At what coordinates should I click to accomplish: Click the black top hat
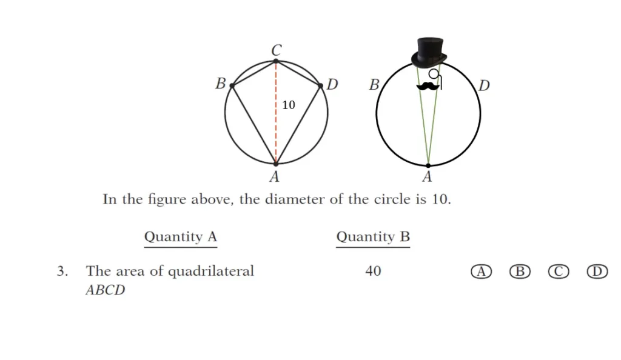(429, 53)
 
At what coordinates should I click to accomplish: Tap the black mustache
(428, 86)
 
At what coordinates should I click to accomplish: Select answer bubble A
(481, 272)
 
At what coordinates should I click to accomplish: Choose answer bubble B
(520, 272)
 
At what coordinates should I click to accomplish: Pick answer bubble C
(559, 272)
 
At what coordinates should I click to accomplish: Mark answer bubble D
(597, 272)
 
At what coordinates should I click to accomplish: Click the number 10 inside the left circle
(288, 105)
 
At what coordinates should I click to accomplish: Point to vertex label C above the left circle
(277, 50)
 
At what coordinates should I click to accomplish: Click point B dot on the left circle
(232, 85)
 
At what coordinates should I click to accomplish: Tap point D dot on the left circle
(320, 85)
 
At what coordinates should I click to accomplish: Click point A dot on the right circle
(428, 165)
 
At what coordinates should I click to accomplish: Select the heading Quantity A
(181, 236)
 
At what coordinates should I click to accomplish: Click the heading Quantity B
(373, 236)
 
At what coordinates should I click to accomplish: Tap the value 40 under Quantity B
(373, 271)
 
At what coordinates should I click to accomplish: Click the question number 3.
(62, 271)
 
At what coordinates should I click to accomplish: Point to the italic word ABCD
(106, 290)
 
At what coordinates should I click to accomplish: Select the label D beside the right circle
(484, 85)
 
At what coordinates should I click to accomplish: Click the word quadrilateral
(211, 272)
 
